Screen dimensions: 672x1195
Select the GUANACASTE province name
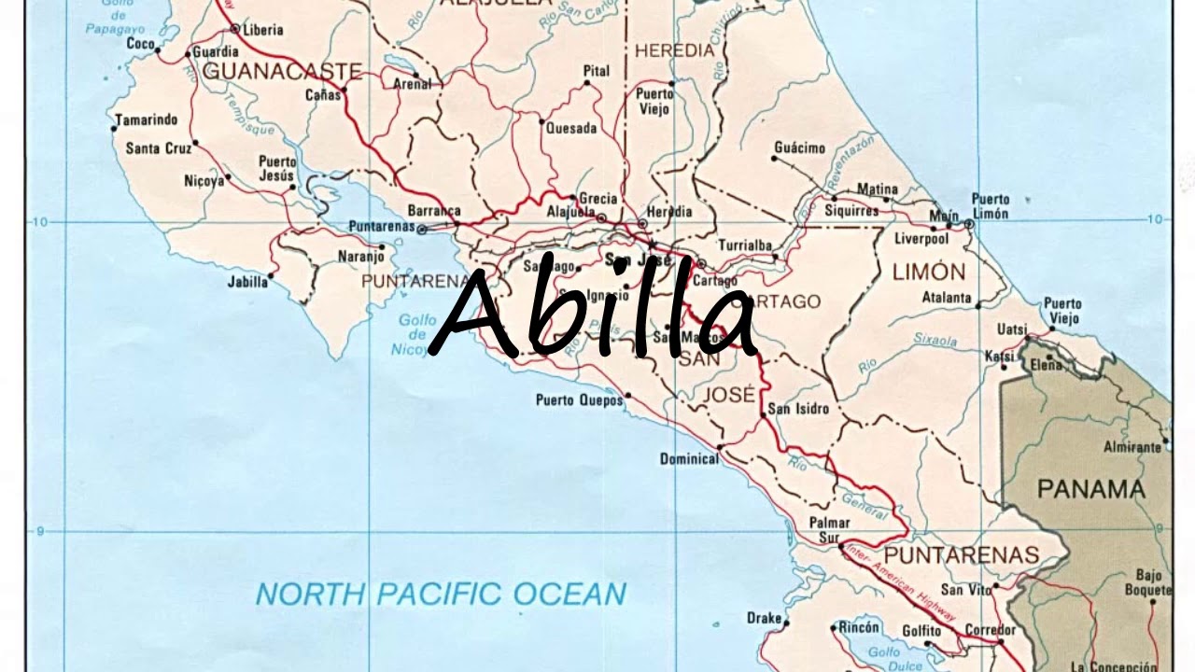tap(282, 71)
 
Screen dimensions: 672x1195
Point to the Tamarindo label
tap(147, 119)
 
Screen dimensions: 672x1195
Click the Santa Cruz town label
tap(158, 147)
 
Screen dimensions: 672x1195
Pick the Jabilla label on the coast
tap(246, 281)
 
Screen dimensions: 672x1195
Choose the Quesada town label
tap(571, 129)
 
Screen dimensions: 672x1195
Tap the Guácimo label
tap(800, 147)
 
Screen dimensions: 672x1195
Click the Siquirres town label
tap(851, 211)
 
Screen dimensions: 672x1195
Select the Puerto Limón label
tap(990, 206)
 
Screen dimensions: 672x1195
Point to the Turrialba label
tap(745, 245)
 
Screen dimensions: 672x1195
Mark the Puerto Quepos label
tap(579, 400)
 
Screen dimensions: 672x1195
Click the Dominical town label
tap(689, 458)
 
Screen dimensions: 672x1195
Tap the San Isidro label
tap(798, 409)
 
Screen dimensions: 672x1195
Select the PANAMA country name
tap(1090, 489)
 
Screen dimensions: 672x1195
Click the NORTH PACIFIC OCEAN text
tap(441, 594)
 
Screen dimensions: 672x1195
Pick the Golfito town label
tap(921, 631)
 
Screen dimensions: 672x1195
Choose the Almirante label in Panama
tap(1132, 447)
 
